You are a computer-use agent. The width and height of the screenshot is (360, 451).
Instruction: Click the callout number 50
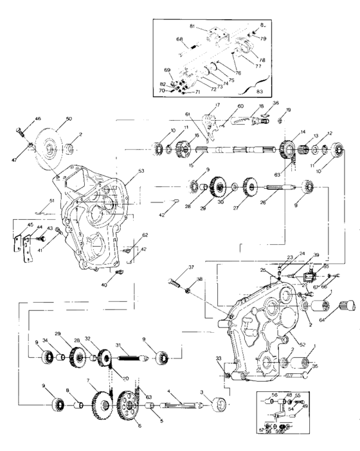pos(69,119)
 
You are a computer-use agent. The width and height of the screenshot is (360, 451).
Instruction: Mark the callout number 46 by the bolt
pos(37,119)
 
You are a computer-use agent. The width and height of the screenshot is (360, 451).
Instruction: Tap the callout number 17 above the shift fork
pos(217,105)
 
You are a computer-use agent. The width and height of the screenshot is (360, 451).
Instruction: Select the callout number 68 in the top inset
pos(180,38)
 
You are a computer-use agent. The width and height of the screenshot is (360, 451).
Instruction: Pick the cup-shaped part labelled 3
pos(221,406)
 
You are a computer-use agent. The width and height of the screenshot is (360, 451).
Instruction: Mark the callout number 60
pos(240,106)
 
